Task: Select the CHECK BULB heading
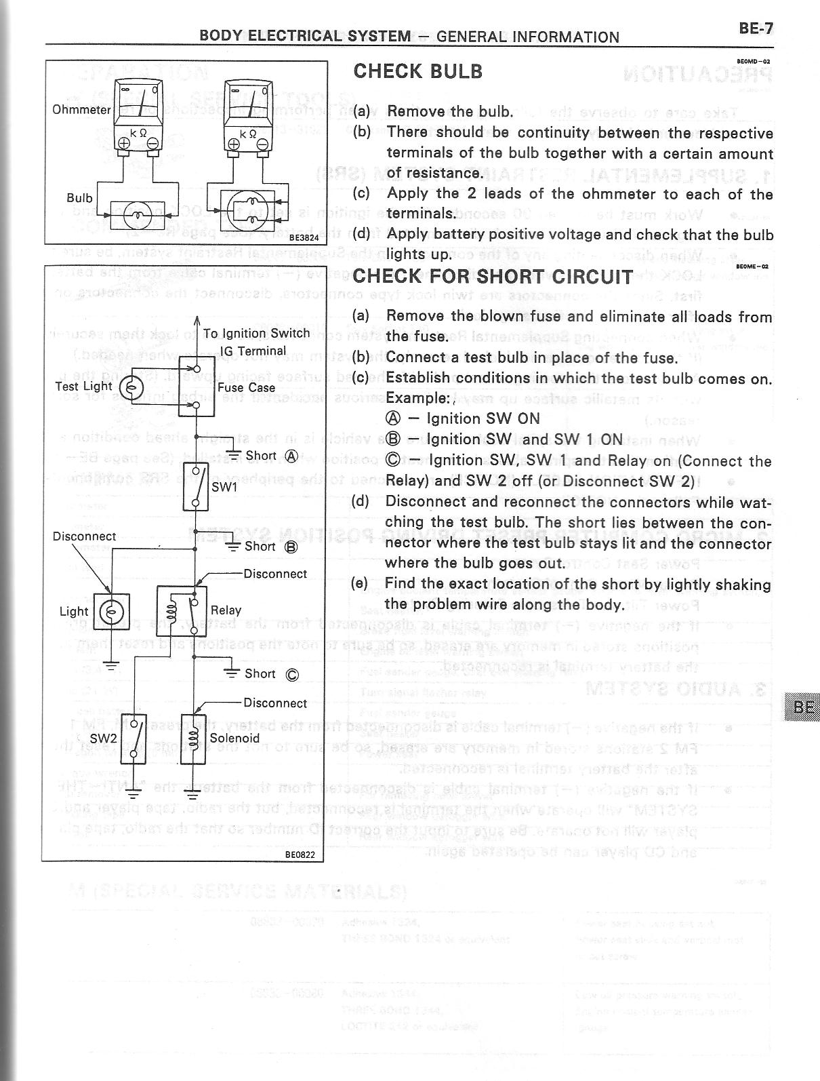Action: (x=418, y=71)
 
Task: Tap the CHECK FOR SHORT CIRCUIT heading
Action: (x=493, y=277)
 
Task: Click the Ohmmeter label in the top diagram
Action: (x=81, y=109)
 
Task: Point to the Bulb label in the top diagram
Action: (x=79, y=198)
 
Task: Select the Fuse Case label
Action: (x=246, y=388)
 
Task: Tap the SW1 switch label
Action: (x=224, y=487)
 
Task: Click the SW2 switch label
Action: (x=104, y=737)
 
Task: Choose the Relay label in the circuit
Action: (x=226, y=610)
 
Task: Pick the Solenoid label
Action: (x=234, y=738)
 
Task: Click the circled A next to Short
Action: (x=291, y=456)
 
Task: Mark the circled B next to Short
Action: (x=291, y=547)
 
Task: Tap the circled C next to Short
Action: (x=292, y=674)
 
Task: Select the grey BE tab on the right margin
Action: (x=803, y=707)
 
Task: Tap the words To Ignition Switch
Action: (x=256, y=334)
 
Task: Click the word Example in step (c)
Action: (x=416, y=398)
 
